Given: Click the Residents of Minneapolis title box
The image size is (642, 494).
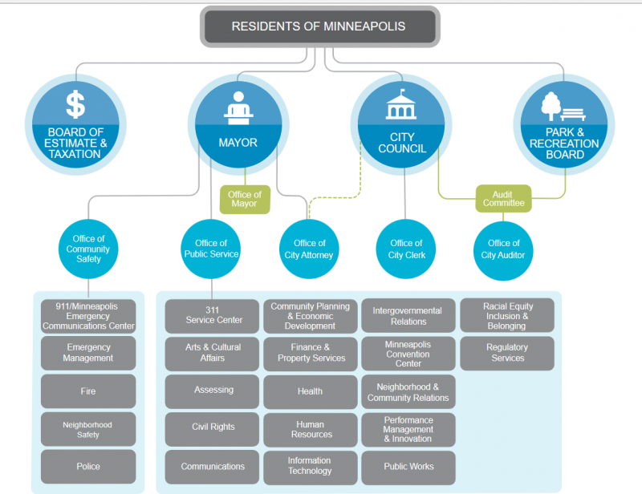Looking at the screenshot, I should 319,26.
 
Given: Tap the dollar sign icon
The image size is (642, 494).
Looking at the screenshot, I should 75,104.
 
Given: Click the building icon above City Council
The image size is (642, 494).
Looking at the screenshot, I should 402,104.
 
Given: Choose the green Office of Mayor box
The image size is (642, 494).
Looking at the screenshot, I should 245,199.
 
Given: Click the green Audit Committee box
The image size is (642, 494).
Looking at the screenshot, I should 504,198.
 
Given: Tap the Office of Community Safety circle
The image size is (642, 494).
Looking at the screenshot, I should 88,249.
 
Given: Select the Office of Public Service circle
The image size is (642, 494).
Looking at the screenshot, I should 211,249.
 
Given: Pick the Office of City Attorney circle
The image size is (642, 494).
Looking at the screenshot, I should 309,249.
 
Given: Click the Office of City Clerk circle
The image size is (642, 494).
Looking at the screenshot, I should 406,249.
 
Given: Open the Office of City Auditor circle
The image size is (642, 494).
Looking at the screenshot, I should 504,249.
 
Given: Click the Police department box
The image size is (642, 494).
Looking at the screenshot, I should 88,467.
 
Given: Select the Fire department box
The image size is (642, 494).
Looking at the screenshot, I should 88,391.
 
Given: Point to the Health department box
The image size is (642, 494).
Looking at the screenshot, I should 311,391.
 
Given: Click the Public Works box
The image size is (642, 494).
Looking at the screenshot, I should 408,467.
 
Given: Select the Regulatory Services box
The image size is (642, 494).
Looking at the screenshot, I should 506,353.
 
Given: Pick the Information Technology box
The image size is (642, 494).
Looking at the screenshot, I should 311,467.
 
